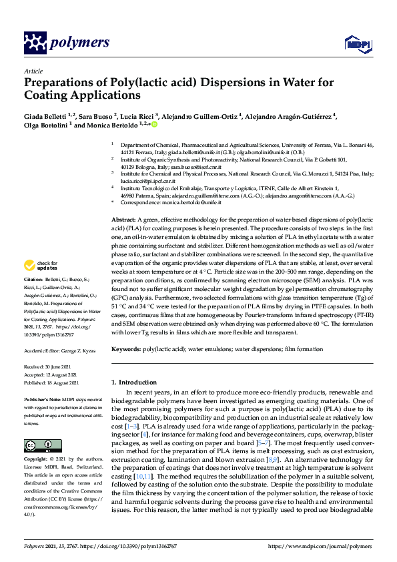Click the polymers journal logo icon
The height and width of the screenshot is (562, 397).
pos(33,43)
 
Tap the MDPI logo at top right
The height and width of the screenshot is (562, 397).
pos(356,44)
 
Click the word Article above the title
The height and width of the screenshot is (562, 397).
pos(33,70)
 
